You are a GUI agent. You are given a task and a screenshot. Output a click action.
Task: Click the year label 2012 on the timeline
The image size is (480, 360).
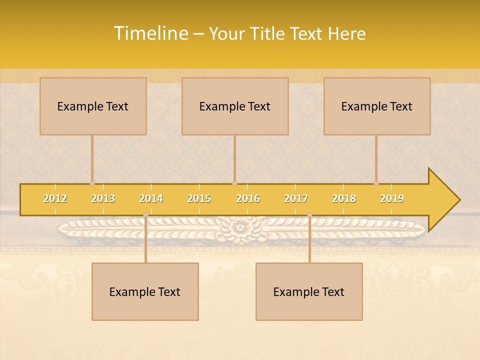click(55, 198)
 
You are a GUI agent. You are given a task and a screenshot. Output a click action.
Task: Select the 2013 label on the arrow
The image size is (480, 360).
click(103, 198)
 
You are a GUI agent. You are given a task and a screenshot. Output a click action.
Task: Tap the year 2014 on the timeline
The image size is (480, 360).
click(151, 198)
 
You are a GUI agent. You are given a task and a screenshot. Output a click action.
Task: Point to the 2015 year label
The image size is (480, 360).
click(199, 198)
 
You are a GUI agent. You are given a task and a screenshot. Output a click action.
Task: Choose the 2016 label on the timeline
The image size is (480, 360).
click(248, 198)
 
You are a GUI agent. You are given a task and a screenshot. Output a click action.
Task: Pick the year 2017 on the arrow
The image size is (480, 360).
click(296, 198)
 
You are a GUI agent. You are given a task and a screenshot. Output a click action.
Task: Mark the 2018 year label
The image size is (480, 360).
click(344, 198)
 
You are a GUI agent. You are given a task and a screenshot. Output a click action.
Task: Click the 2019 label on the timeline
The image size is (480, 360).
click(392, 198)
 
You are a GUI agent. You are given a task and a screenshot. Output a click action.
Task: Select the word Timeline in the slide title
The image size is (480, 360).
click(150, 33)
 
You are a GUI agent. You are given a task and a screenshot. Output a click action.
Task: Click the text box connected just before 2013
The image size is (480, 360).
click(93, 106)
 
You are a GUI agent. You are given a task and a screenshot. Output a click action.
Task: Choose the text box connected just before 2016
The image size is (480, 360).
click(235, 106)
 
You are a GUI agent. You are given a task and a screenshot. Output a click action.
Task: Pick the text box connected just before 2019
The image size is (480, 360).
click(377, 106)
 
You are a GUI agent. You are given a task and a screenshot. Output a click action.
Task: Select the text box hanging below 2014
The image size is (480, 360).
click(145, 291)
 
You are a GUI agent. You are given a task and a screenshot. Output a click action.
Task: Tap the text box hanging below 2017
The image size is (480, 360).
click(309, 291)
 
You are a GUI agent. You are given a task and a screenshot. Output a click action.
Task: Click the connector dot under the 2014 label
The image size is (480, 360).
click(145, 214)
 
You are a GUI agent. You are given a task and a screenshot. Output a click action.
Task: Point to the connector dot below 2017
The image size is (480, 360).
click(309, 214)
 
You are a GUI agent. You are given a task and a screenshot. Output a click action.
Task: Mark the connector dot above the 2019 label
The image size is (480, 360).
click(376, 183)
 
